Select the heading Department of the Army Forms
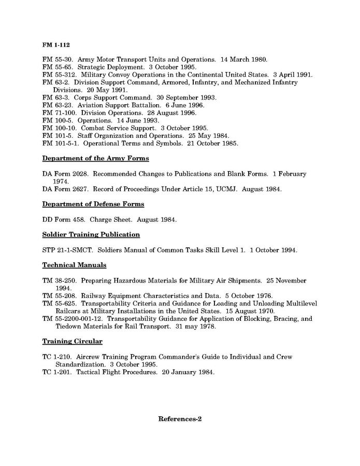pyautogui.click(x=95, y=158)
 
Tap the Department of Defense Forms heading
pyautogui.click(x=93, y=204)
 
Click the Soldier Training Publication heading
pyautogui.click(x=91, y=234)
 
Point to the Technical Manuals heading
pyautogui.click(x=74, y=265)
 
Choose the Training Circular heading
pyautogui.click(x=72, y=342)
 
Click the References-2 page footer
pyautogui.click(x=180, y=419)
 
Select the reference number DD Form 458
pyautogui.click(x=64, y=219)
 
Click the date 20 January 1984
pyautogui.click(x=188, y=372)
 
